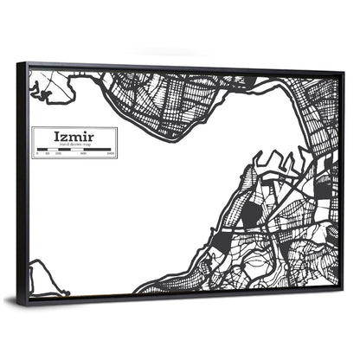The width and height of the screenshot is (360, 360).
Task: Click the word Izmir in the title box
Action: (x=74, y=136)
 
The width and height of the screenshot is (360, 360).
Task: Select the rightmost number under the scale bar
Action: (x=112, y=155)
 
